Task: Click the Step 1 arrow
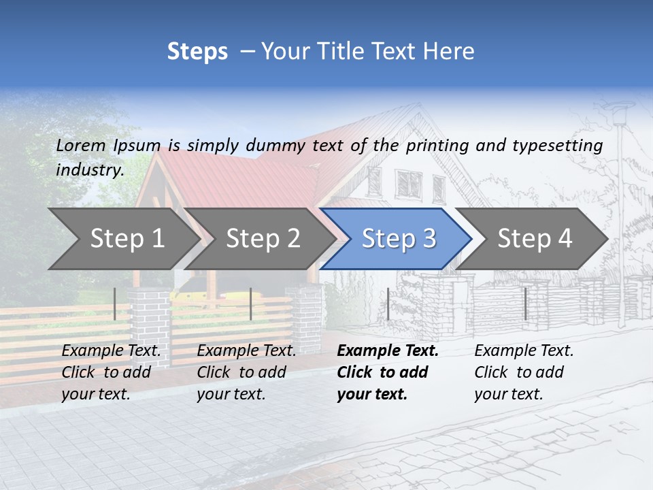click(x=126, y=238)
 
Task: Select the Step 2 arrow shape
click(x=263, y=238)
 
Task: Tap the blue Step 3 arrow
click(x=398, y=238)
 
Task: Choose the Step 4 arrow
click(x=535, y=238)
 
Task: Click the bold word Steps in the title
click(x=197, y=51)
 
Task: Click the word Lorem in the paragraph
click(x=81, y=145)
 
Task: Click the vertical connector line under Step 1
click(x=115, y=304)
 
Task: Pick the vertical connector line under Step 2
click(x=251, y=304)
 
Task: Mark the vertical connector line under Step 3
click(x=388, y=304)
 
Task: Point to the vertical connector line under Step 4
click(x=525, y=304)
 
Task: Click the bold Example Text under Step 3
click(x=388, y=351)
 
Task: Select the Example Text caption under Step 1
click(x=111, y=351)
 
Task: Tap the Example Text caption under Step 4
click(x=524, y=351)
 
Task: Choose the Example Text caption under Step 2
click(x=246, y=351)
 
